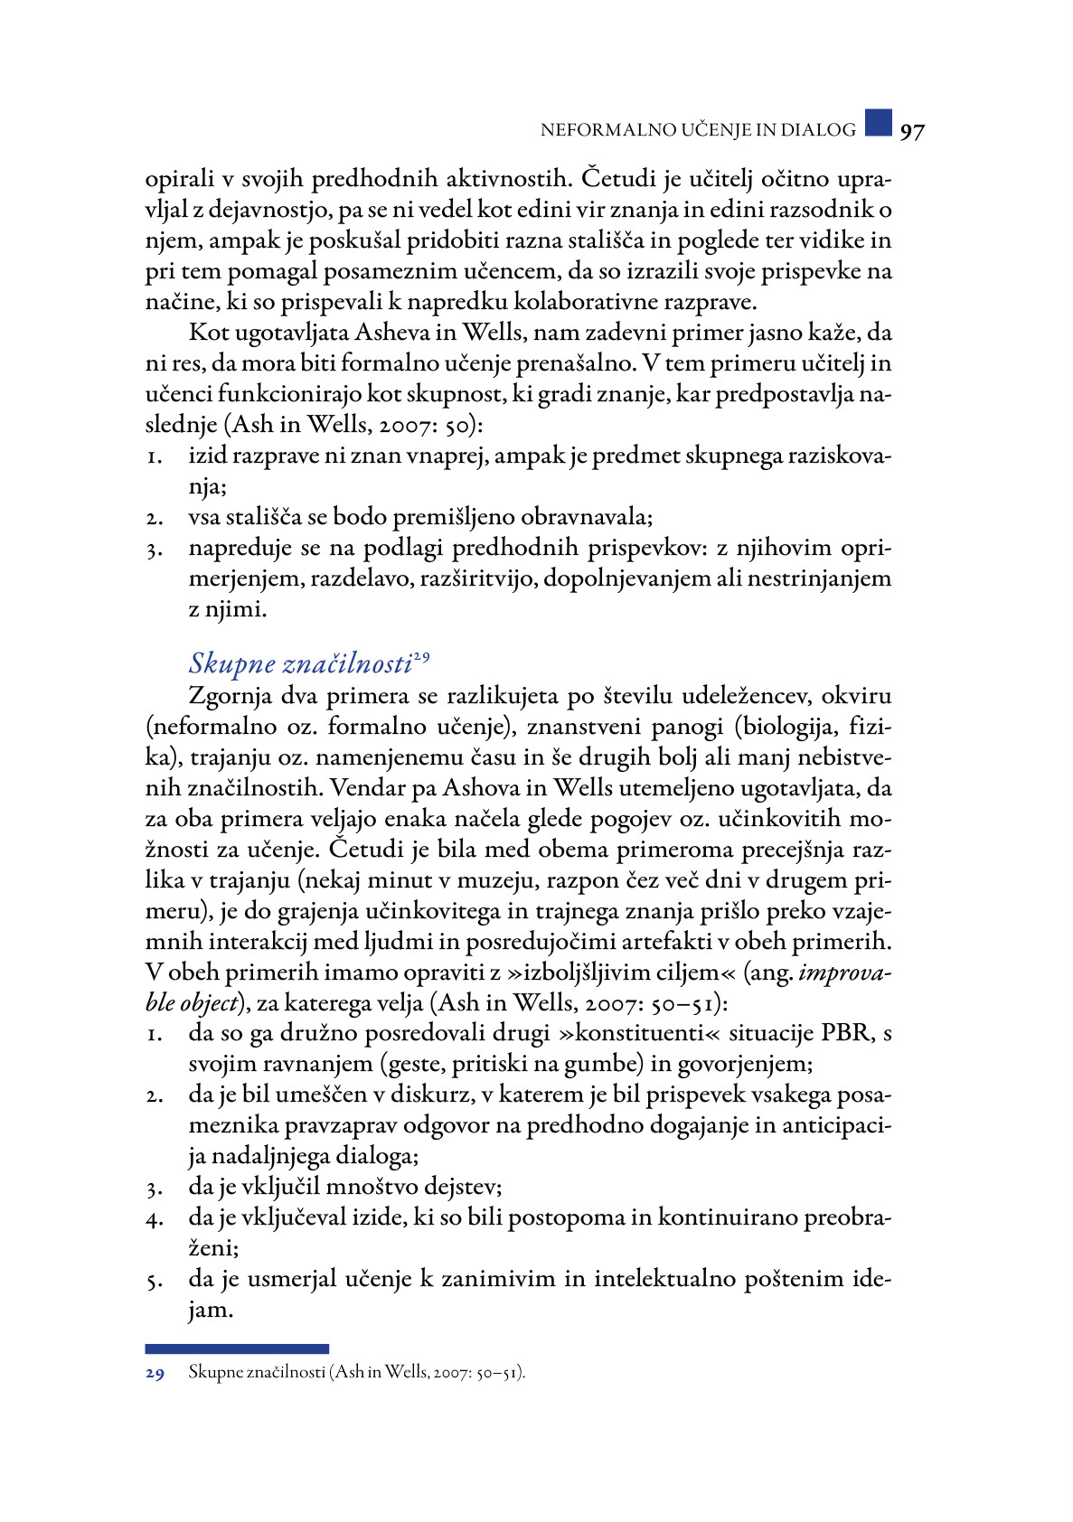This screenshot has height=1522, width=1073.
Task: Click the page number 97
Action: tap(912, 131)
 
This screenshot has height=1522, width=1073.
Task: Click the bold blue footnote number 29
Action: tap(155, 1373)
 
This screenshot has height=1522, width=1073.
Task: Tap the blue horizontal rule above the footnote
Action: tap(237, 1348)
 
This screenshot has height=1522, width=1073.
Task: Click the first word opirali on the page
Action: tap(181, 179)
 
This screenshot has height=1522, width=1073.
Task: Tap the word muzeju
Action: tap(503, 880)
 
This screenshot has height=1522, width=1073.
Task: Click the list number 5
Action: tap(155, 1281)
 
